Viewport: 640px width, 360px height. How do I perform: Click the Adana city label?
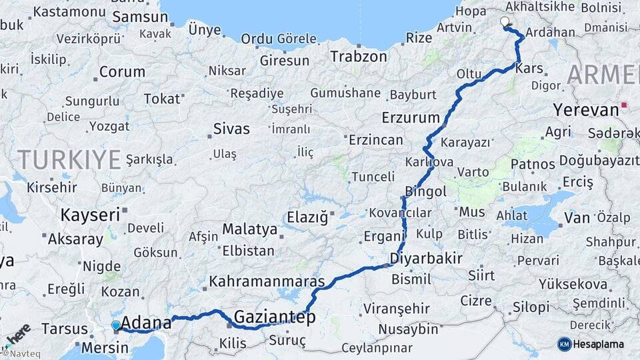(x=146, y=321)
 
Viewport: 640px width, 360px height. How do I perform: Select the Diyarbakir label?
(x=427, y=258)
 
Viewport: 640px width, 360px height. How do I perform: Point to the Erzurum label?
(x=411, y=118)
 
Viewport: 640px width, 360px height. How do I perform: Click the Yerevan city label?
(x=585, y=109)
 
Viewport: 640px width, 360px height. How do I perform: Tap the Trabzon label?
(x=358, y=57)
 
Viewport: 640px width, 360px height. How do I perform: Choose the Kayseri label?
(x=90, y=215)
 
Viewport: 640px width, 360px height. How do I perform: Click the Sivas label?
(x=231, y=129)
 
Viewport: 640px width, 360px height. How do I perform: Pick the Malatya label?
(x=249, y=229)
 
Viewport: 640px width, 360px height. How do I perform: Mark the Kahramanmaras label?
(x=267, y=281)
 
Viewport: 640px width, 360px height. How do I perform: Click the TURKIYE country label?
(x=69, y=159)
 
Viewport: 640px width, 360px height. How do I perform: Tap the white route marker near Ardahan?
(x=505, y=22)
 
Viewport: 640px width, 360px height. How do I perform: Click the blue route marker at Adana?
(x=116, y=325)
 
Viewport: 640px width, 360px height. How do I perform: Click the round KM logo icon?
(x=565, y=344)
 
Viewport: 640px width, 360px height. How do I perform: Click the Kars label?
(x=529, y=68)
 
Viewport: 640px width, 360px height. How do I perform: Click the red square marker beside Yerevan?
(x=624, y=105)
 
